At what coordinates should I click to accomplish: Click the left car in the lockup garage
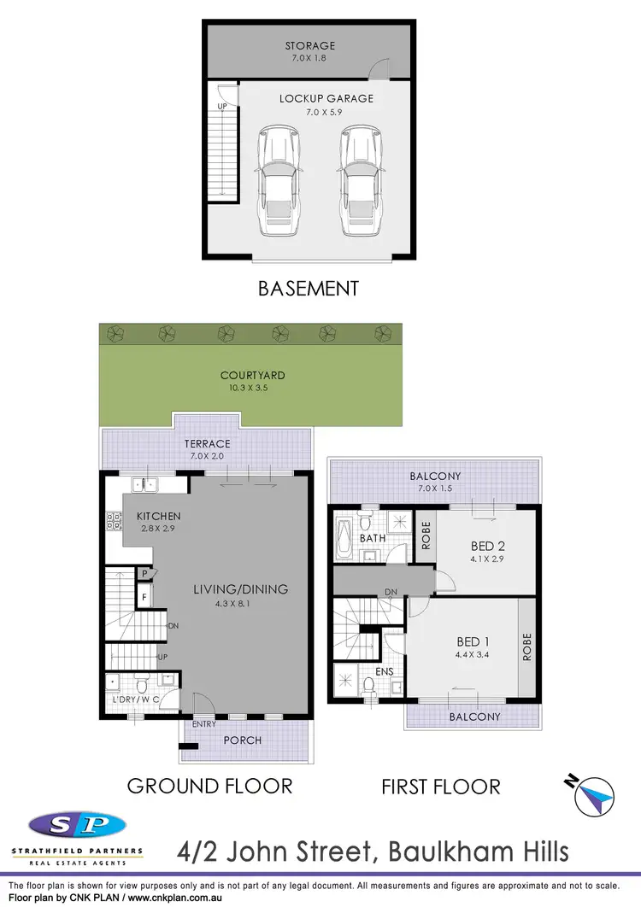click(x=278, y=182)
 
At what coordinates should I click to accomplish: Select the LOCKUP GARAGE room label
click(x=326, y=98)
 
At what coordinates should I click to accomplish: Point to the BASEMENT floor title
click(x=309, y=289)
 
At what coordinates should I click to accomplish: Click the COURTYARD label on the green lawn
click(x=252, y=375)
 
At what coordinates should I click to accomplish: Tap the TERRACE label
click(x=208, y=444)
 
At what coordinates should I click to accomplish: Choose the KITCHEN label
click(x=157, y=516)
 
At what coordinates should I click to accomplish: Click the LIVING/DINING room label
click(x=240, y=588)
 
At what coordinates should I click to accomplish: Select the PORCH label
click(x=243, y=740)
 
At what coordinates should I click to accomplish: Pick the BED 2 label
click(x=487, y=546)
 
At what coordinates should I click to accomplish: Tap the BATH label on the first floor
click(x=372, y=538)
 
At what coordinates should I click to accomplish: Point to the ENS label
click(x=385, y=672)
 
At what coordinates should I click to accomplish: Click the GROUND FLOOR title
click(x=209, y=786)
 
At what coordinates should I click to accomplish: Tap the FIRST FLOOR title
click(x=440, y=787)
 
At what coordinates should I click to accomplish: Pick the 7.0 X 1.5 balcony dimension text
click(x=435, y=489)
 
